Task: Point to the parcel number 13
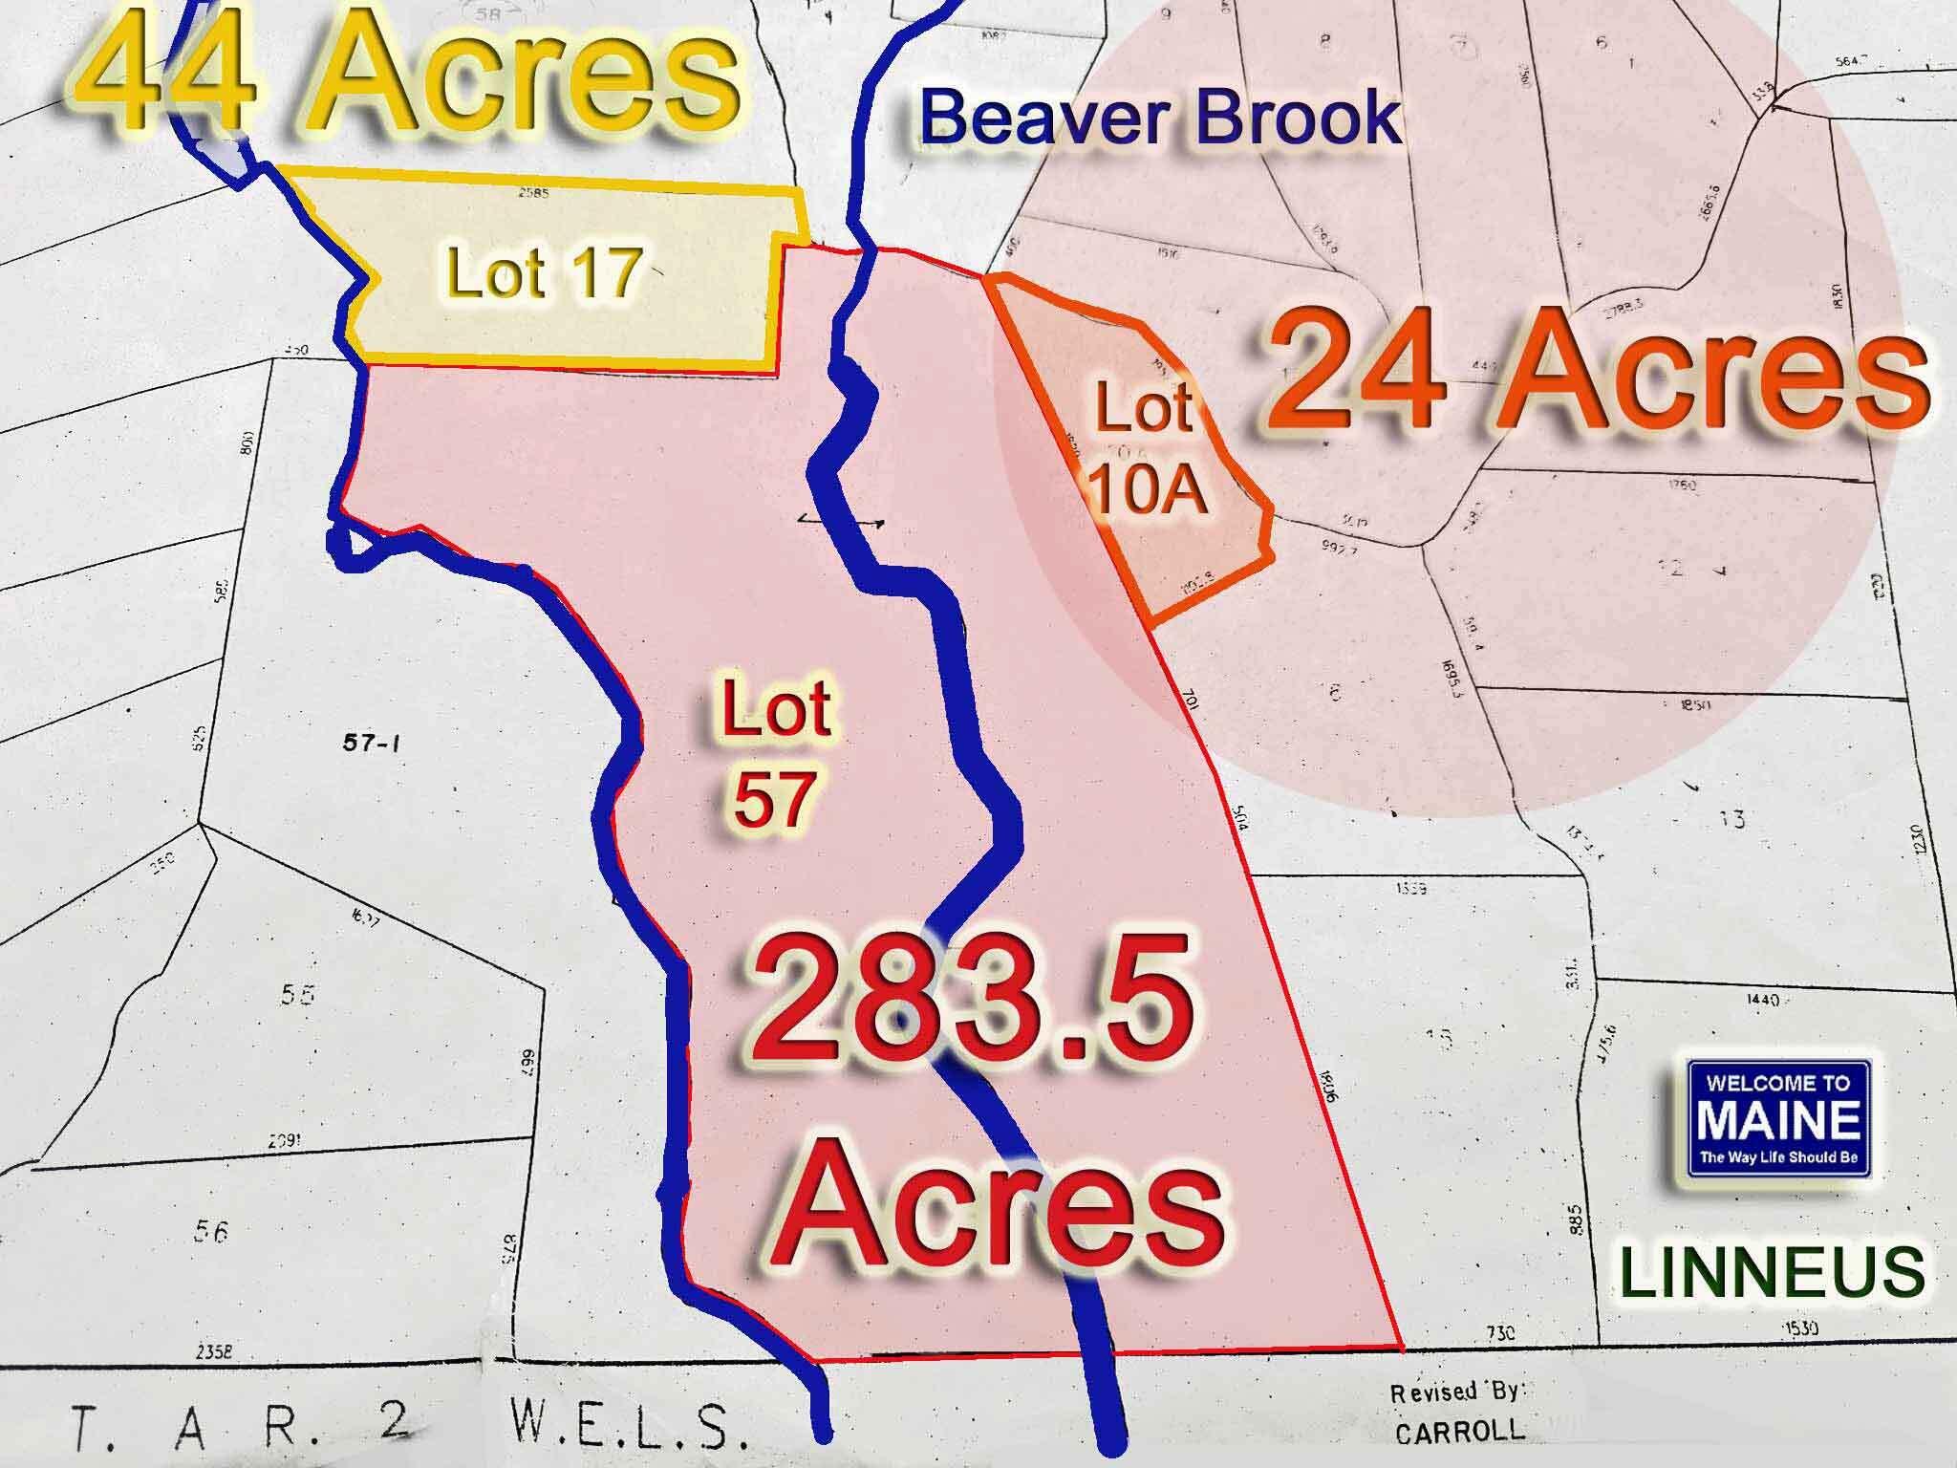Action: click(1731, 819)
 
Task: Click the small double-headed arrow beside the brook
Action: click(840, 520)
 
